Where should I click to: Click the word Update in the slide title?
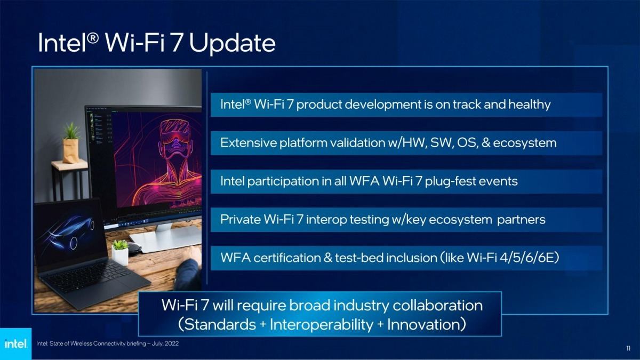233,43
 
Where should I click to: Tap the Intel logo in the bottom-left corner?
15,343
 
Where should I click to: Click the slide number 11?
628,348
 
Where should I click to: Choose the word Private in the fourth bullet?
241,219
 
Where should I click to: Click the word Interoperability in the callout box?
322,325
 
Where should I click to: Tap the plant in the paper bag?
70,143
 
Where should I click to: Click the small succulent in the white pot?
120,252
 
